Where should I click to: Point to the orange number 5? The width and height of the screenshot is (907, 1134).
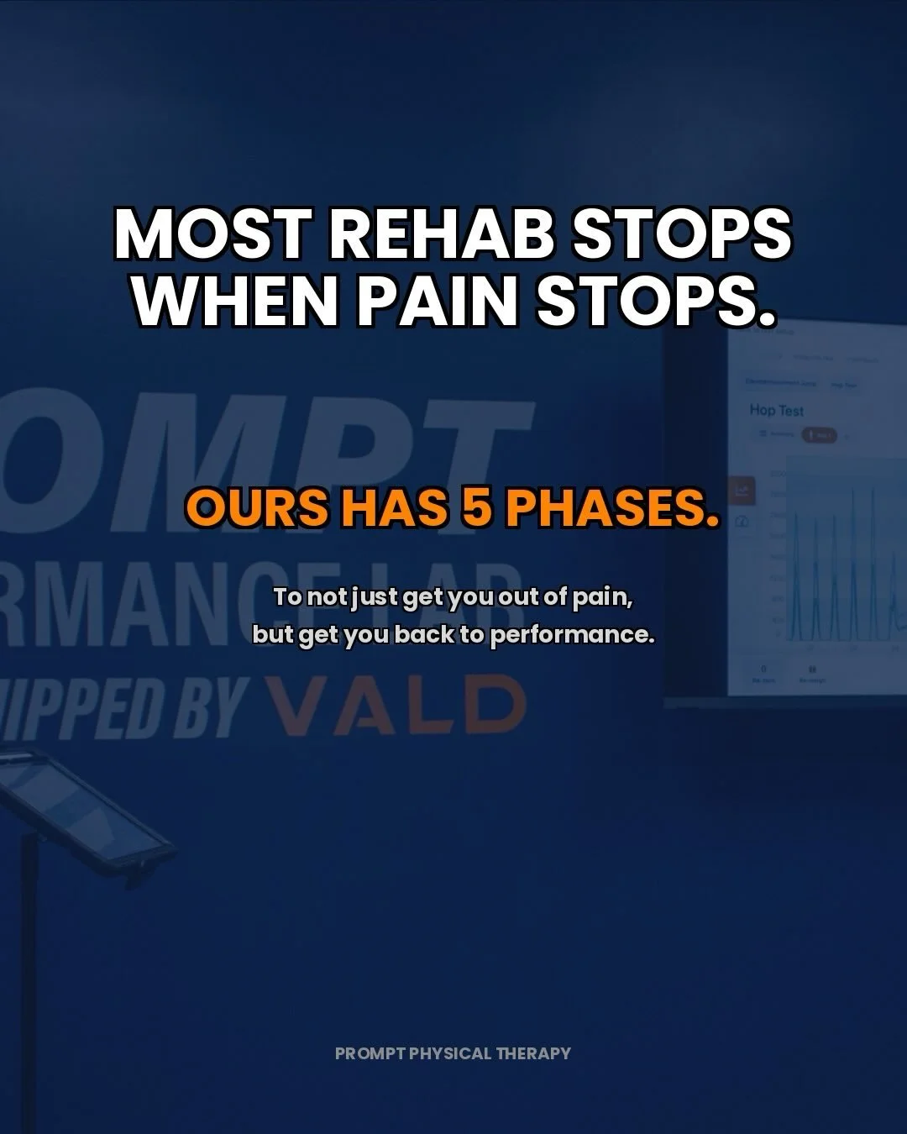(476, 507)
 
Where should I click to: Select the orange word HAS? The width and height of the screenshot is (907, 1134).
(394, 507)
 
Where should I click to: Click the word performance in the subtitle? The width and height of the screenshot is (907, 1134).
(571, 634)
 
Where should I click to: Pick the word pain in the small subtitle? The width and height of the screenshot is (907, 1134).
(600, 597)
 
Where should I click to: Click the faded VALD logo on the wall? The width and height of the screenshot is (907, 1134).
(395, 706)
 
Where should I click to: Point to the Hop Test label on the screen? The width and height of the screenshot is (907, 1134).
(776, 410)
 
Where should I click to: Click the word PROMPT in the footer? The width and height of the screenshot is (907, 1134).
(370, 1053)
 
